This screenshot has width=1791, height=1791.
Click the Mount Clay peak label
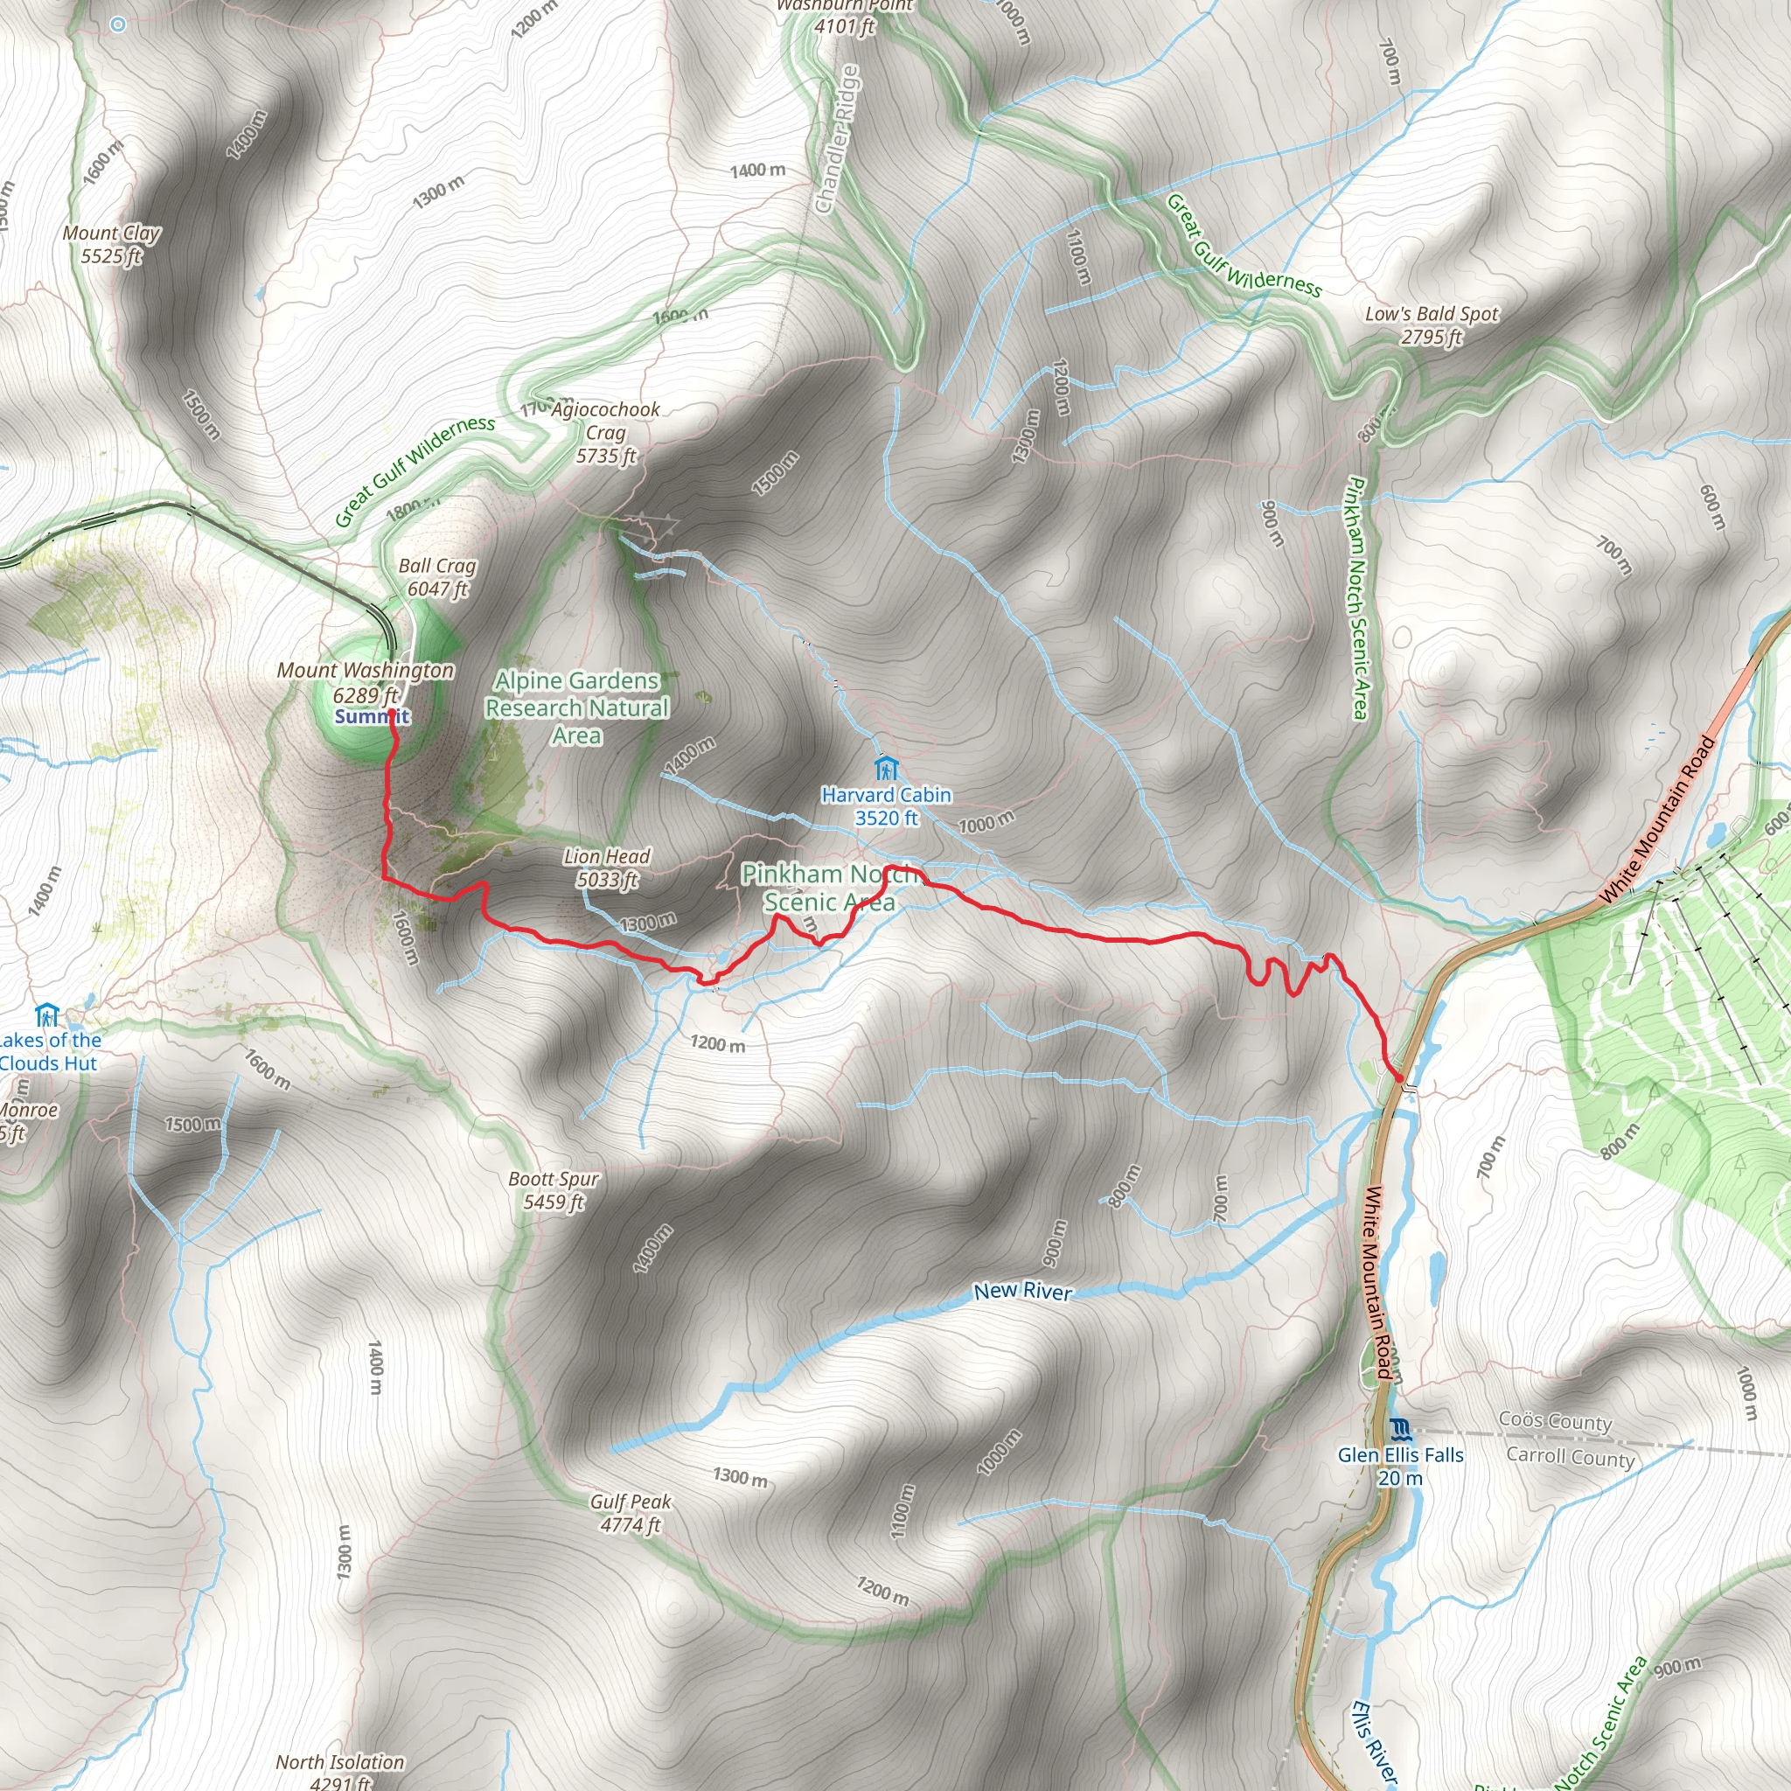click(x=111, y=245)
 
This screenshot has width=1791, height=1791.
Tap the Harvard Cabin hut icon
click(x=886, y=769)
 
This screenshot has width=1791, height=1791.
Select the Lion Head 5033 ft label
click(x=607, y=868)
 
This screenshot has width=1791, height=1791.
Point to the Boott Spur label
click(x=554, y=1190)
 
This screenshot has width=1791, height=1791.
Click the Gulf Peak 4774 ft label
click(x=631, y=1513)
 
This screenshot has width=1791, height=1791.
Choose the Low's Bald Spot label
click(x=1432, y=325)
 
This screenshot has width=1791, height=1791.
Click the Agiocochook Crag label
click(x=606, y=432)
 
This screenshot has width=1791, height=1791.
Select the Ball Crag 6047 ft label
click(x=437, y=576)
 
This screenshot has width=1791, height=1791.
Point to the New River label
click(x=1022, y=1292)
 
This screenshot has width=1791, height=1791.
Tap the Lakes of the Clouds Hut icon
click(x=46, y=1015)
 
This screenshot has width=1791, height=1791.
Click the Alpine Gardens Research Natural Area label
click(x=576, y=708)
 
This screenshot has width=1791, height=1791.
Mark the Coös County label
click(x=1556, y=1421)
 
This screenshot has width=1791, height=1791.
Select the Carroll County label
click(x=1571, y=1456)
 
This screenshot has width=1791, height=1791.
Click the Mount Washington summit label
click(x=366, y=682)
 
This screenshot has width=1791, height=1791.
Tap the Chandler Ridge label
click(x=837, y=139)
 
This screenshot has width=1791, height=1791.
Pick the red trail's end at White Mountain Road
click(x=1399, y=1077)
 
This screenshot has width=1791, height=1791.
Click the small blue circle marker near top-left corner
click(x=118, y=25)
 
